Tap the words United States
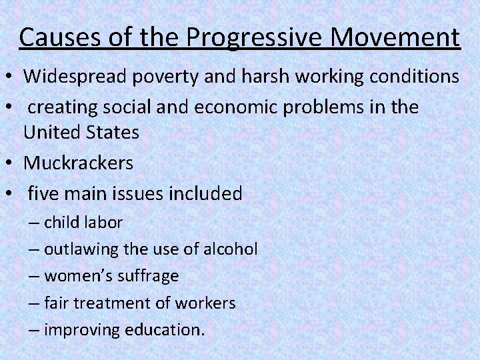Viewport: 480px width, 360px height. (x=81, y=132)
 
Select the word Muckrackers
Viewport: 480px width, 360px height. (x=79, y=163)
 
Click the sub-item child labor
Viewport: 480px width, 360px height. (x=83, y=222)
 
